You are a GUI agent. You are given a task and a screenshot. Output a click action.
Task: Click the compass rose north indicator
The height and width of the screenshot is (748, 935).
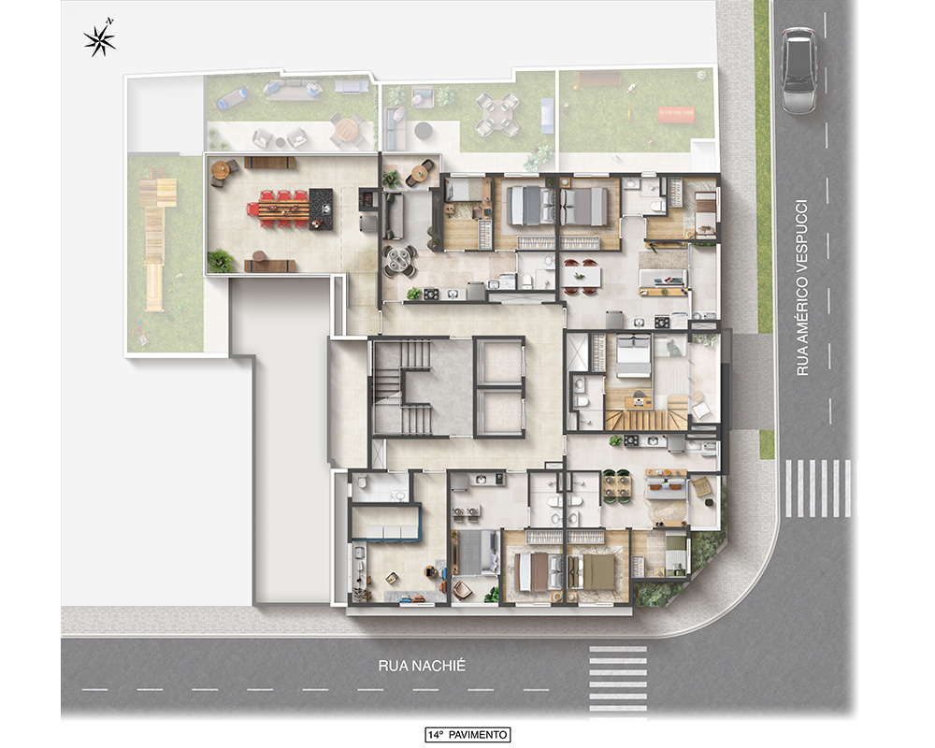(x=100, y=40)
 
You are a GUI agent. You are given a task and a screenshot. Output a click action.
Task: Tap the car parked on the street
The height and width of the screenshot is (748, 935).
(x=799, y=70)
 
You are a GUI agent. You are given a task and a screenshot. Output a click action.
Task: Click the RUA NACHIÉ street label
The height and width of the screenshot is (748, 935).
(x=422, y=666)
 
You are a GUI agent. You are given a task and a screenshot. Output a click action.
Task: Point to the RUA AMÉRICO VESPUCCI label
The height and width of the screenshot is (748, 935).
(x=802, y=287)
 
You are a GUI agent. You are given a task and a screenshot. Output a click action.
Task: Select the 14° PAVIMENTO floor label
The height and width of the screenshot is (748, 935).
(x=467, y=734)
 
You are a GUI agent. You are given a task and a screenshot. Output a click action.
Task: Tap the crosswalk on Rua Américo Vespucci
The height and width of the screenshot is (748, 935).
(x=817, y=488)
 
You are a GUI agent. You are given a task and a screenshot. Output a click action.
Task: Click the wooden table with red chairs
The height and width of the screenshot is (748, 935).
(x=279, y=209)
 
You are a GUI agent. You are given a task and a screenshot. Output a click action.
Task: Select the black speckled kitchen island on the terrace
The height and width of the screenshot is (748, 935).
(x=320, y=209)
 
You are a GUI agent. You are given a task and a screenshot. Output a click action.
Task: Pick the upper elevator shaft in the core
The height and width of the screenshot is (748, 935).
(x=499, y=360)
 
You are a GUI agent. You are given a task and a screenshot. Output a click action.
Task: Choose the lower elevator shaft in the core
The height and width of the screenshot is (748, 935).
(x=499, y=412)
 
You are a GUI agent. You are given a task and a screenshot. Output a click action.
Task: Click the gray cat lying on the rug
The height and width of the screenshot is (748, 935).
(x=673, y=348)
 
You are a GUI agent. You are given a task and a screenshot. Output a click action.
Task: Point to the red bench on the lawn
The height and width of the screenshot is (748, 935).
(x=676, y=115)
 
